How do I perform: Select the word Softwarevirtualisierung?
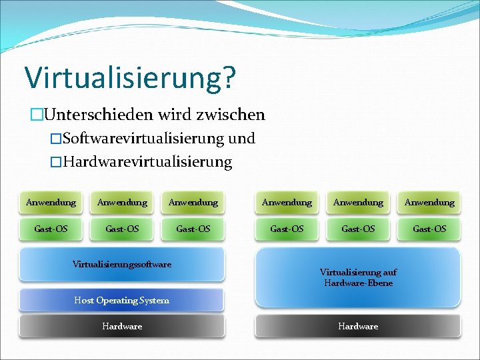[x=142, y=139]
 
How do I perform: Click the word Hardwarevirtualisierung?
[x=147, y=162]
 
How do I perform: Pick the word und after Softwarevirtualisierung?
[x=241, y=139]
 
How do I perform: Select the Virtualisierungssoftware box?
[x=122, y=265]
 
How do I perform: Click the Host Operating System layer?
[x=122, y=300]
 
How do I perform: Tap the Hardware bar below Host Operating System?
[x=122, y=326]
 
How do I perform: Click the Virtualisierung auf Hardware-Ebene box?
[x=358, y=277]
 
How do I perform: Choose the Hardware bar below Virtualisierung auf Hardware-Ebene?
[x=358, y=326]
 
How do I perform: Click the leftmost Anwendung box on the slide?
[x=51, y=202]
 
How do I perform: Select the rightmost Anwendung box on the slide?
[x=429, y=202]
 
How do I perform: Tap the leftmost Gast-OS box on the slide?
[x=51, y=229]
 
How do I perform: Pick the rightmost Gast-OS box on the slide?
[x=429, y=229]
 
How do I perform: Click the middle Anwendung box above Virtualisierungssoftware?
[x=122, y=202]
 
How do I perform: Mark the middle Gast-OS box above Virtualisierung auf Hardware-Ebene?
[x=358, y=229]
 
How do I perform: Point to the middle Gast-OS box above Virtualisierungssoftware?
[x=122, y=229]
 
